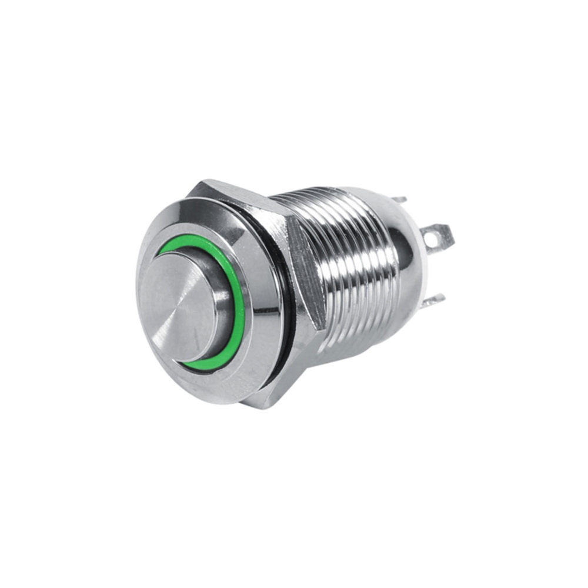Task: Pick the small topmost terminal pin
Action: coord(400,200)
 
